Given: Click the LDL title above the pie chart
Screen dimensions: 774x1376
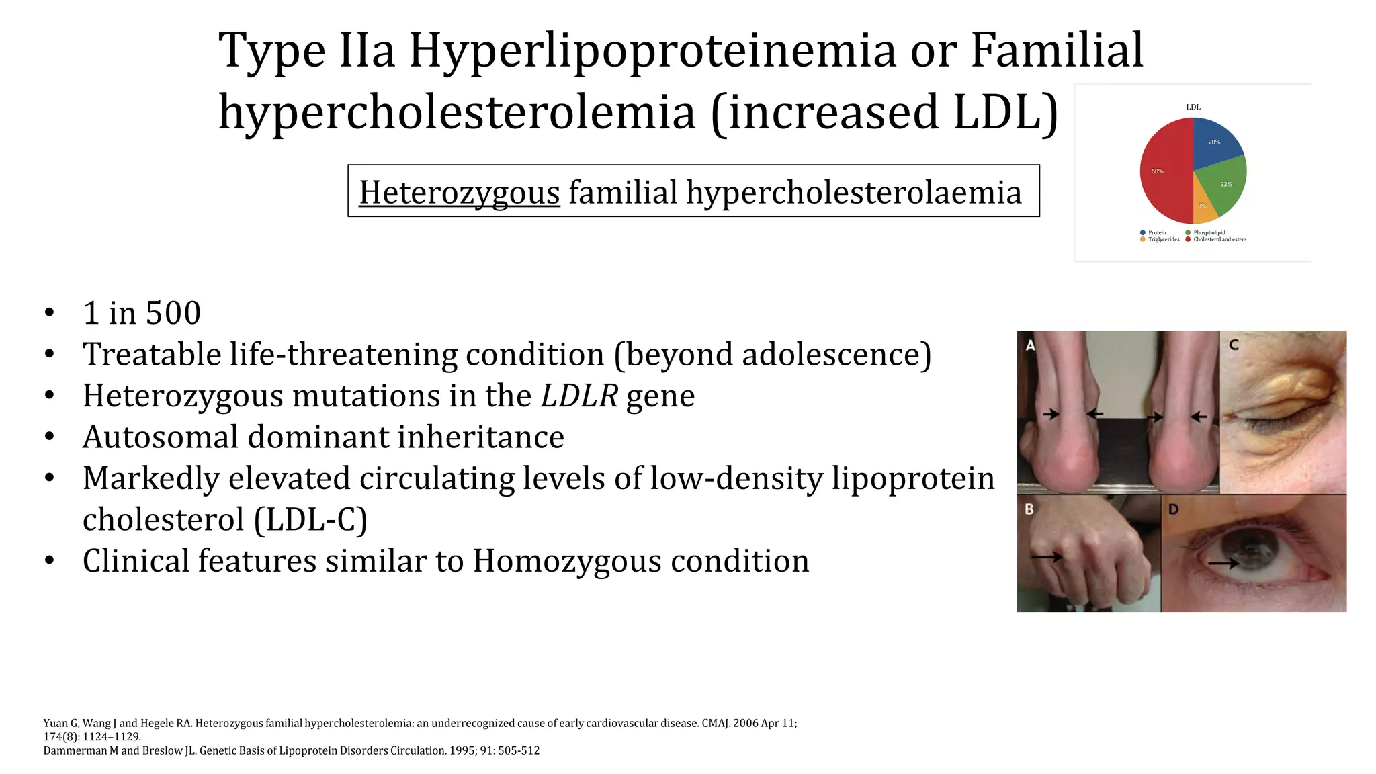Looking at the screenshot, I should (x=1193, y=107).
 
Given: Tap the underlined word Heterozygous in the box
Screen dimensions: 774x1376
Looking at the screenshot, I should (x=459, y=193).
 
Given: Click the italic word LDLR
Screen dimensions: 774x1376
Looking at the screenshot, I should (x=579, y=396).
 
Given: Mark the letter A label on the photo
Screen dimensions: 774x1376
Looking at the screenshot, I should (x=1031, y=345).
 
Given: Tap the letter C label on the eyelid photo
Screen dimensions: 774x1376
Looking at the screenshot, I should (x=1234, y=345).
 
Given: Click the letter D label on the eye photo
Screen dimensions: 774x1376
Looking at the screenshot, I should (x=1174, y=509).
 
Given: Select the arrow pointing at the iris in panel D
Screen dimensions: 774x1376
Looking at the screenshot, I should (x=1224, y=563).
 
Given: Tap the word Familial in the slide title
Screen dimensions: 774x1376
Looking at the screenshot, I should (x=1056, y=50).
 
